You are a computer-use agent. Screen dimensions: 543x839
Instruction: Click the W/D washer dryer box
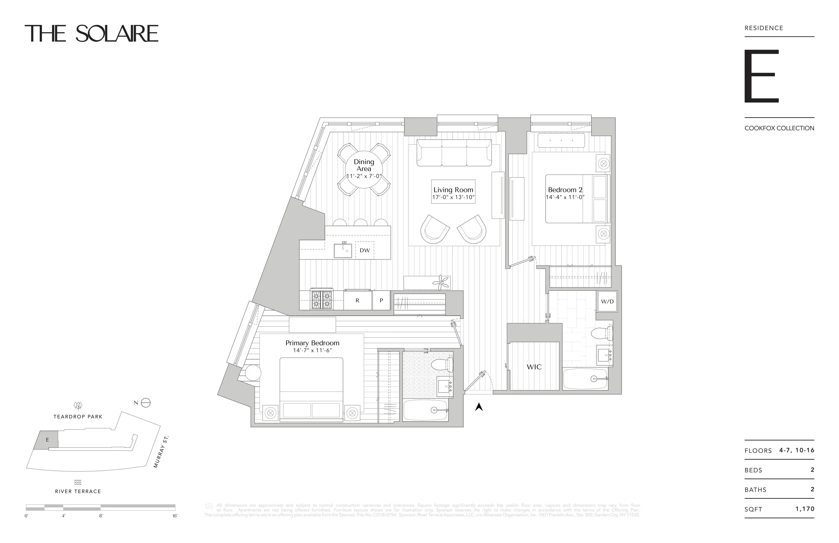(607, 301)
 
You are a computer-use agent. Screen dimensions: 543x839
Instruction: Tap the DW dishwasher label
(365, 250)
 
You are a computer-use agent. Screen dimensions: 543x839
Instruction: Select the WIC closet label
(534, 367)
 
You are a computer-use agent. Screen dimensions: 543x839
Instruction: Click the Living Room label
(453, 190)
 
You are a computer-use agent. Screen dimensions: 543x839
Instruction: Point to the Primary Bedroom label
(312, 343)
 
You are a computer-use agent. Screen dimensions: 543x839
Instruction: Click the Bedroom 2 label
(565, 190)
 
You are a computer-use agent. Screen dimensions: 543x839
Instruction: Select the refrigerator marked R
(357, 301)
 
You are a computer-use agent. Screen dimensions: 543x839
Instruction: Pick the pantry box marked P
(381, 301)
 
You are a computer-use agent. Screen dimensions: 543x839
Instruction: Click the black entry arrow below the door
(478, 407)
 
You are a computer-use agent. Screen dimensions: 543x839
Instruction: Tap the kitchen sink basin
(343, 250)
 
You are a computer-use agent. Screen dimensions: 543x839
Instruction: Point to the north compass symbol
(146, 403)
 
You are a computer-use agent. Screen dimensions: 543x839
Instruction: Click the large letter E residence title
(761, 76)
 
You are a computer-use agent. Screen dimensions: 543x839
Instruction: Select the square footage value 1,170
(805, 509)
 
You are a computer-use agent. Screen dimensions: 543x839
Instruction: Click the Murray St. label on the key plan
(161, 452)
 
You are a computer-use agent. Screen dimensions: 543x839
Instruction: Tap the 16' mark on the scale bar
(175, 516)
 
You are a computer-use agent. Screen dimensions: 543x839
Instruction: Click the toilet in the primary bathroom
(443, 365)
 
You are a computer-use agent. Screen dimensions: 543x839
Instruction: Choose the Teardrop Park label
(78, 417)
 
